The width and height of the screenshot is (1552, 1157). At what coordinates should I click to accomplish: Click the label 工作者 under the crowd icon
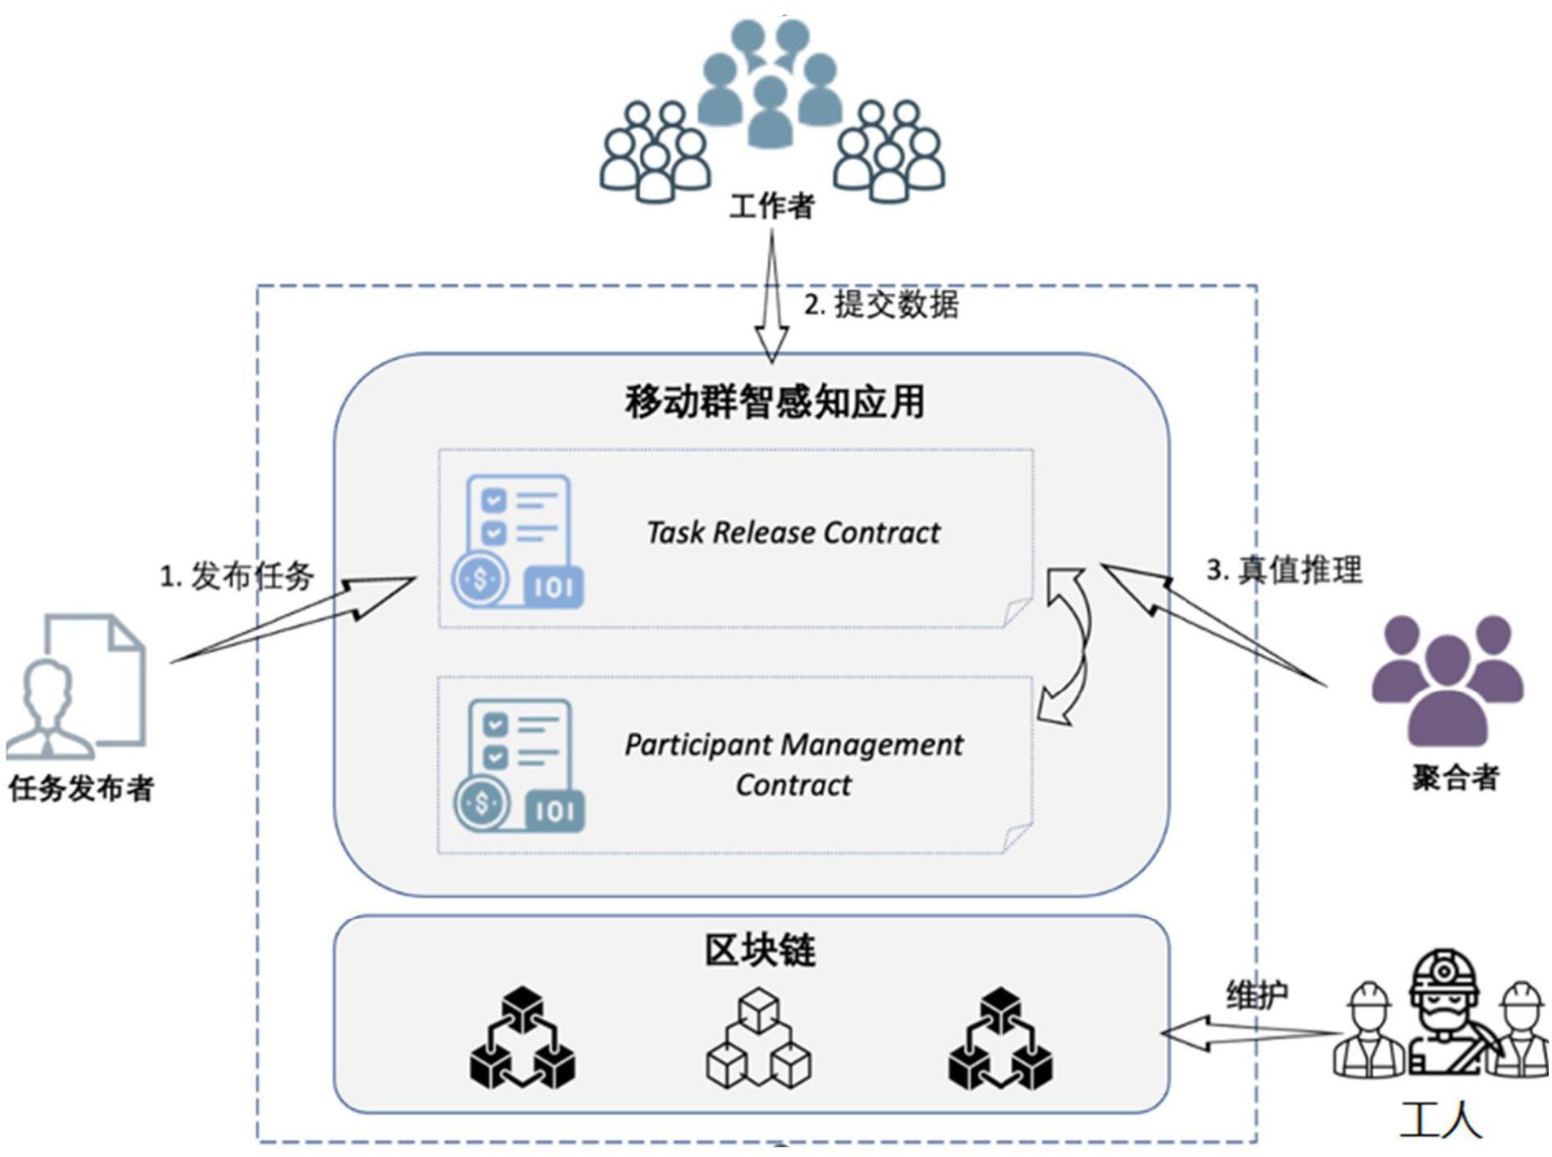pos(771,206)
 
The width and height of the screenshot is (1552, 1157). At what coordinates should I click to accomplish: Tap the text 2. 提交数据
pos(881,305)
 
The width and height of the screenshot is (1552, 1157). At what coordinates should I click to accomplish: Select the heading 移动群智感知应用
pos(774,401)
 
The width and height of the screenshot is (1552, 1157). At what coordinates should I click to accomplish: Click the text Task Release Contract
pos(793,533)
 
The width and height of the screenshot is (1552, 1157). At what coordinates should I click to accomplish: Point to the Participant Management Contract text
pos(793,764)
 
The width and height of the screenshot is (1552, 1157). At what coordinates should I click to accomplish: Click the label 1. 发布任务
pos(236,577)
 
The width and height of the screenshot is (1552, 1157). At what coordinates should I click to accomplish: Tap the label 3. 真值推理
pos(1283,570)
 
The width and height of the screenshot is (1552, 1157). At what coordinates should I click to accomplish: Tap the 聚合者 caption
pos(1455,778)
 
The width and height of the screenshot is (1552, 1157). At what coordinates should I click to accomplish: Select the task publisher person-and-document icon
pos(77,687)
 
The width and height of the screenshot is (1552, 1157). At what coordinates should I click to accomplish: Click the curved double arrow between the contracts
pos(1067,646)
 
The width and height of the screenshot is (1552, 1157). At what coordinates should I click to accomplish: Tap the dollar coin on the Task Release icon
pos(480,579)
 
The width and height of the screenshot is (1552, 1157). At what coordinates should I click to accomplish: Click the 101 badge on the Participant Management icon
pos(555,811)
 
